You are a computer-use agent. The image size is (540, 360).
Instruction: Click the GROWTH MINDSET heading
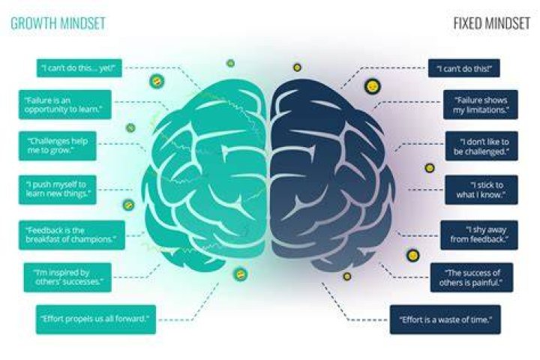click(x=58, y=23)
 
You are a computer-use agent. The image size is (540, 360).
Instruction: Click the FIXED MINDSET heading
click(x=491, y=23)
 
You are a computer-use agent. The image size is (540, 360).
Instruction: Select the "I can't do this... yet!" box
click(x=79, y=67)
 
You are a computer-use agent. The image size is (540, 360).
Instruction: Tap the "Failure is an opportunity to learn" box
click(x=65, y=104)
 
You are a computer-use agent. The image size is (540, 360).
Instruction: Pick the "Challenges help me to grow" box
click(x=58, y=145)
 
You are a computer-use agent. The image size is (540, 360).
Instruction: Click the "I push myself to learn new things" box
click(x=58, y=190)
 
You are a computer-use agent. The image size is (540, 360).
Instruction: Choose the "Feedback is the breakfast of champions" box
click(x=72, y=235)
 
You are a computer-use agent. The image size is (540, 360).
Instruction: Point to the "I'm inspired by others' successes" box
click(x=67, y=277)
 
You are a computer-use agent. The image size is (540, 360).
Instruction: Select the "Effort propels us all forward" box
click(x=96, y=319)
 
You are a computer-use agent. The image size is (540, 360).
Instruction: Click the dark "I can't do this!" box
click(x=464, y=67)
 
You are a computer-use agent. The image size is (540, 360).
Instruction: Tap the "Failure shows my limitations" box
click(x=481, y=104)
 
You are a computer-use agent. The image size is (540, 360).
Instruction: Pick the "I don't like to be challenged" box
click(x=481, y=145)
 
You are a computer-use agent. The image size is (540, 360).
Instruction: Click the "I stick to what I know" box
click(x=481, y=190)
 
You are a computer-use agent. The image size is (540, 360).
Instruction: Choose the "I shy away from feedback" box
click(x=479, y=235)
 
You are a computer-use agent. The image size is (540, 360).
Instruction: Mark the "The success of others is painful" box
click(x=472, y=277)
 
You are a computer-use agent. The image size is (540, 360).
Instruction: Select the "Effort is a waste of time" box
click(x=445, y=319)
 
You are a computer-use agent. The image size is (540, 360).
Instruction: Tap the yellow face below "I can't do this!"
click(x=372, y=86)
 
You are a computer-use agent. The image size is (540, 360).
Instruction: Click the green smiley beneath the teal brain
click(x=240, y=274)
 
